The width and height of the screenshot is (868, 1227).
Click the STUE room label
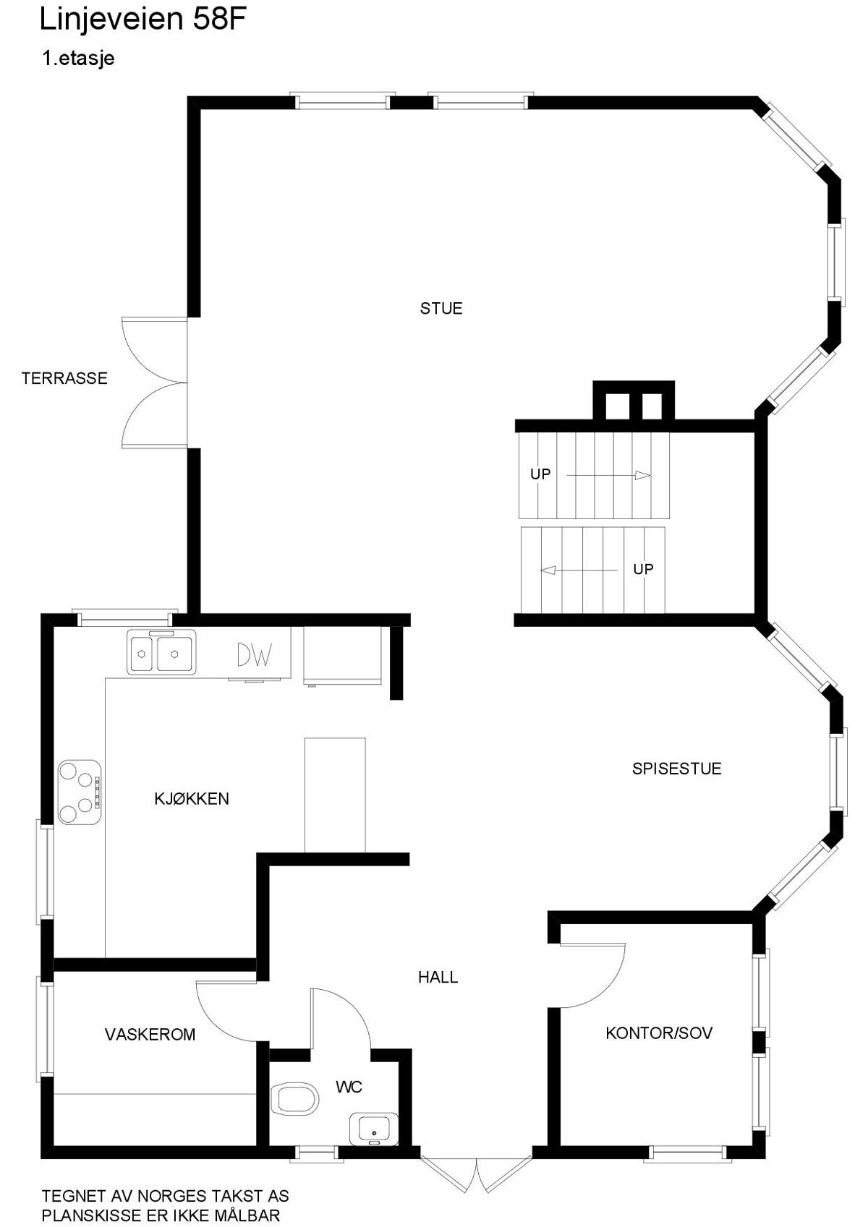click(x=441, y=309)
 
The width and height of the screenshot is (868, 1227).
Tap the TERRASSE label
click(x=64, y=378)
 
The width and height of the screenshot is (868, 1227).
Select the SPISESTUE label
click(x=676, y=769)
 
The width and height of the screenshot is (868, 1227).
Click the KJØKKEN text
click(x=192, y=799)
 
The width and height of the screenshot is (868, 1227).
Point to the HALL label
click(x=438, y=978)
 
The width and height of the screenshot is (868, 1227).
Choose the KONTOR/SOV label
click(x=659, y=1033)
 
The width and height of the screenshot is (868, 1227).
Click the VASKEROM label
click(x=150, y=1035)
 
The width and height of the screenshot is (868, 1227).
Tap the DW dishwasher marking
click(x=255, y=655)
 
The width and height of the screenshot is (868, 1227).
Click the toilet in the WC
click(x=295, y=1100)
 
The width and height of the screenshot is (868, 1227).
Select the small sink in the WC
click(x=373, y=1129)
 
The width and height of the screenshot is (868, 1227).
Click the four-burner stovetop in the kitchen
click(x=79, y=792)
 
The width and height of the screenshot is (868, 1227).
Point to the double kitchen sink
click(x=161, y=652)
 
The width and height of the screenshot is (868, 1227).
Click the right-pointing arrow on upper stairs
click(x=609, y=475)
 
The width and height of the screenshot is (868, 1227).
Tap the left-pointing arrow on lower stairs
click(x=579, y=570)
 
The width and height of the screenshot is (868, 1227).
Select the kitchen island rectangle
click(x=335, y=795)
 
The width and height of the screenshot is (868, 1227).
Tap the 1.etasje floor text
click(x=79, y=59)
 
